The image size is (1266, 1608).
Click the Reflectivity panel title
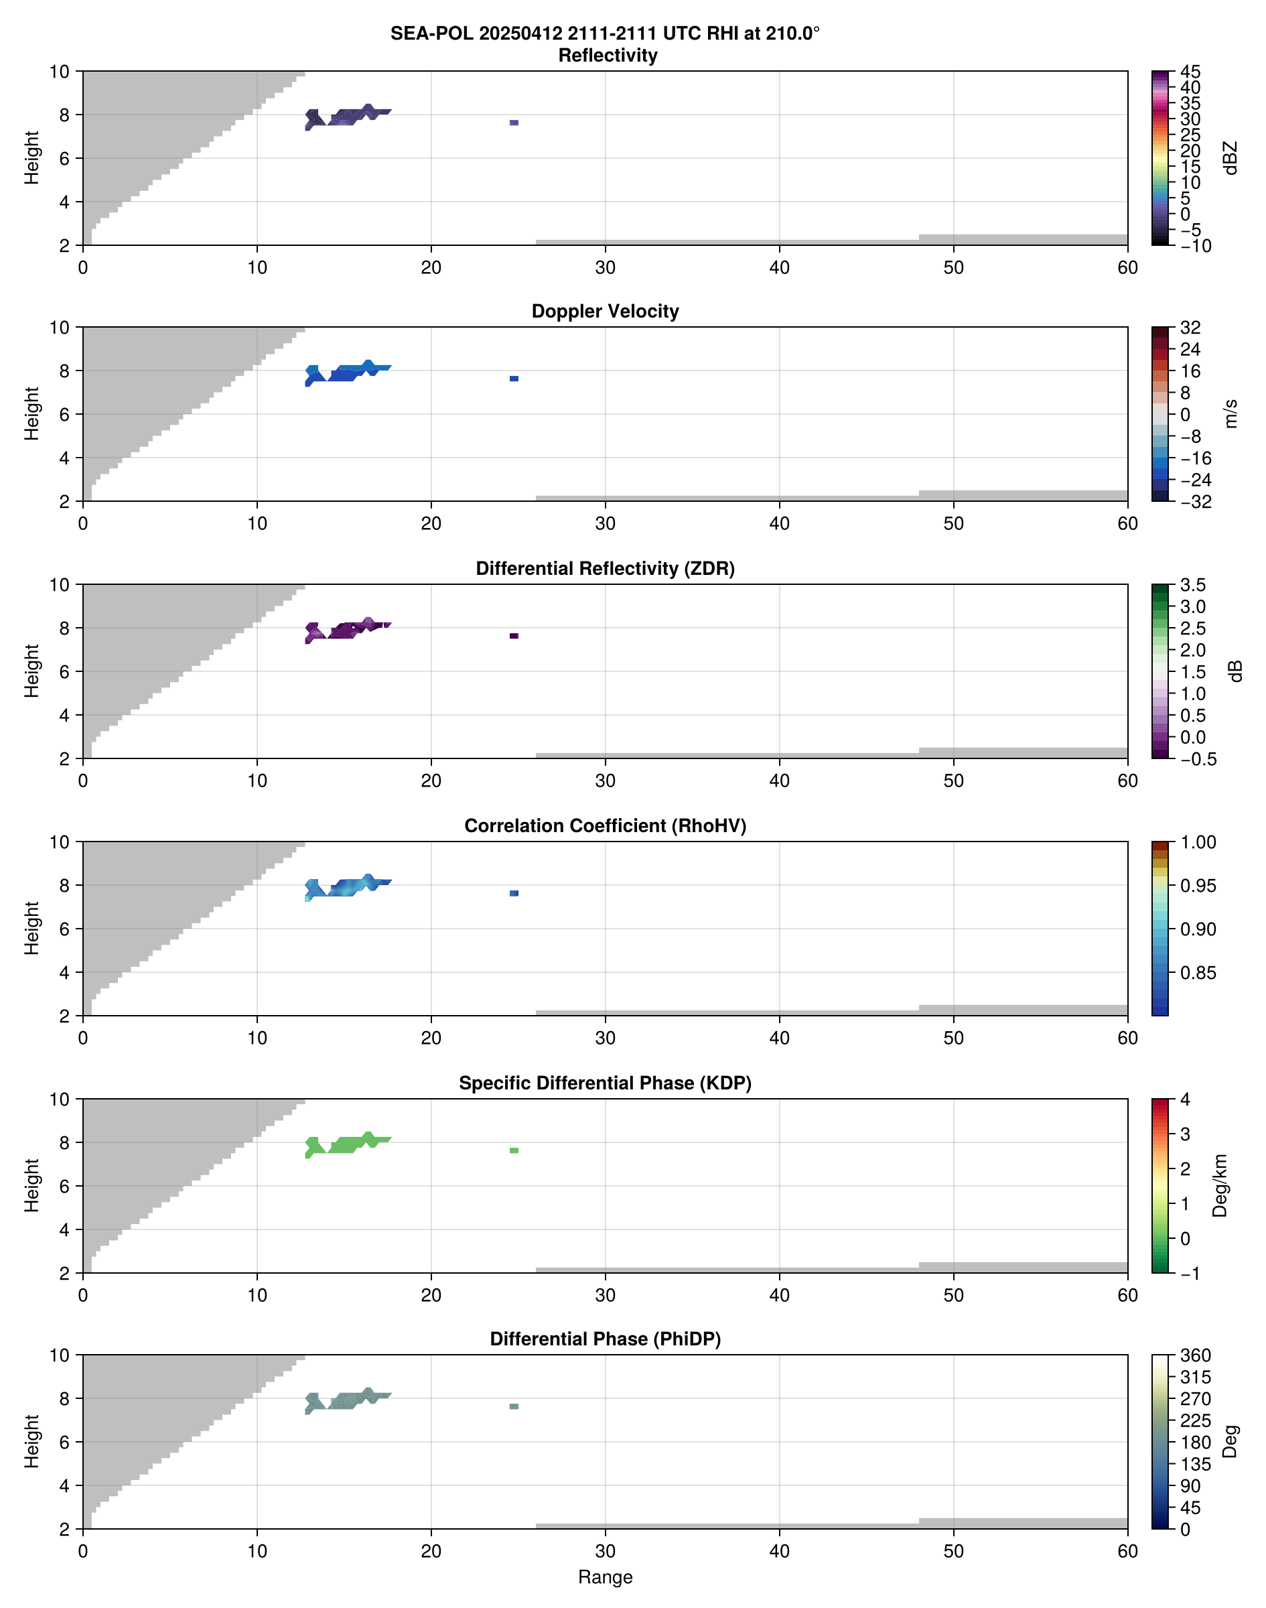tap(607, 56)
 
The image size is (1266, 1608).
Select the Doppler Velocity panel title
tap(605, 312)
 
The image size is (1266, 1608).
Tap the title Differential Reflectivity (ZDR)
tap(605, 569)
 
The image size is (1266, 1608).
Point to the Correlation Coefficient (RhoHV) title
tap(605, 826)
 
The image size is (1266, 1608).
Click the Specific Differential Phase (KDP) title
tap(605, 1083)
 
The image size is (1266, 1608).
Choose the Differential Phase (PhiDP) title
tap(605, 1339)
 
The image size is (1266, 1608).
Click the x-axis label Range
tap(605, 1577)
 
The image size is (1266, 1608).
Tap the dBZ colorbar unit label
tap(1230, 158)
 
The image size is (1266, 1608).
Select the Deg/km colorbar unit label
tap(1219, 1185)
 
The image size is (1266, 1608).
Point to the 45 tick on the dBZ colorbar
tap(1190, 72)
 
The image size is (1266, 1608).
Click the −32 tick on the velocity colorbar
tap(1195, 502)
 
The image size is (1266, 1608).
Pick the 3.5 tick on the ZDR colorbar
tap(1192, 585)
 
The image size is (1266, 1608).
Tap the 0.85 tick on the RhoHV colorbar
tap(1197, 973)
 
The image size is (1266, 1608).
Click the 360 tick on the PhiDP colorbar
tap(1195, 1356)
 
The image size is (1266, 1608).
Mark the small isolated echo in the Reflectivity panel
tap(514, 123)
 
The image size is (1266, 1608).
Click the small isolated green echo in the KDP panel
tap(514, 1150)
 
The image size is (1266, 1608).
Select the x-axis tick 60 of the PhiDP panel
tap(1127, 1550)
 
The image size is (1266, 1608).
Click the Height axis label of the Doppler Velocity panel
tap(31, 413)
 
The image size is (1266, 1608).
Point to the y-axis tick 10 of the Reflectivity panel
tap(60, 72)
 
